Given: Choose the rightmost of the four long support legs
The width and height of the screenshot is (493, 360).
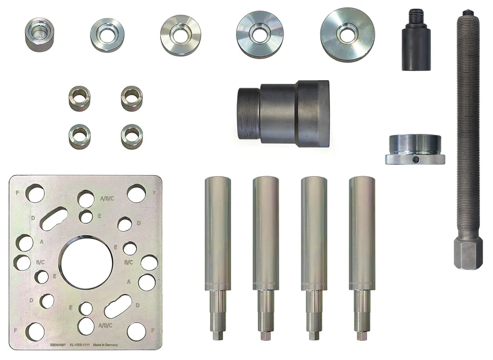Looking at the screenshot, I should pyautogui.click(x=362, y=247).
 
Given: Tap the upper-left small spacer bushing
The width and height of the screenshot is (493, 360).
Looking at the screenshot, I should pyautogui.click(x=79, y=97).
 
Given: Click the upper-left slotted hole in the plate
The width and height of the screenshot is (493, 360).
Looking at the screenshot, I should pyautogui.click(x=54, y=217).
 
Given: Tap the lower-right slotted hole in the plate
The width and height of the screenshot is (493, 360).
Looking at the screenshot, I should pyautogui.click(x=118, y=306).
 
